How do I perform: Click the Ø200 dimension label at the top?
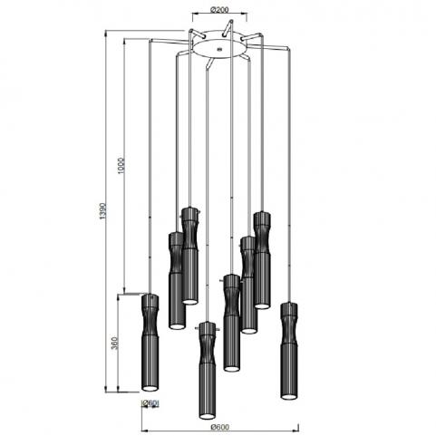[x=219, y=10]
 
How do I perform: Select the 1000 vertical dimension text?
[x=121, y=166]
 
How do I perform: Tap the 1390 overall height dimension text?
[x=103, y=211]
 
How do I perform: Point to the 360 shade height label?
[x=114, y=343]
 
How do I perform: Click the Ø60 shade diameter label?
[x=150, y=402]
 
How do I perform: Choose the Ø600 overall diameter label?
[x=220, y=427]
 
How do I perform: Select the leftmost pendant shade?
[x=150, y=342]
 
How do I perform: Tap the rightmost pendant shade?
[x=289, y=351]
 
